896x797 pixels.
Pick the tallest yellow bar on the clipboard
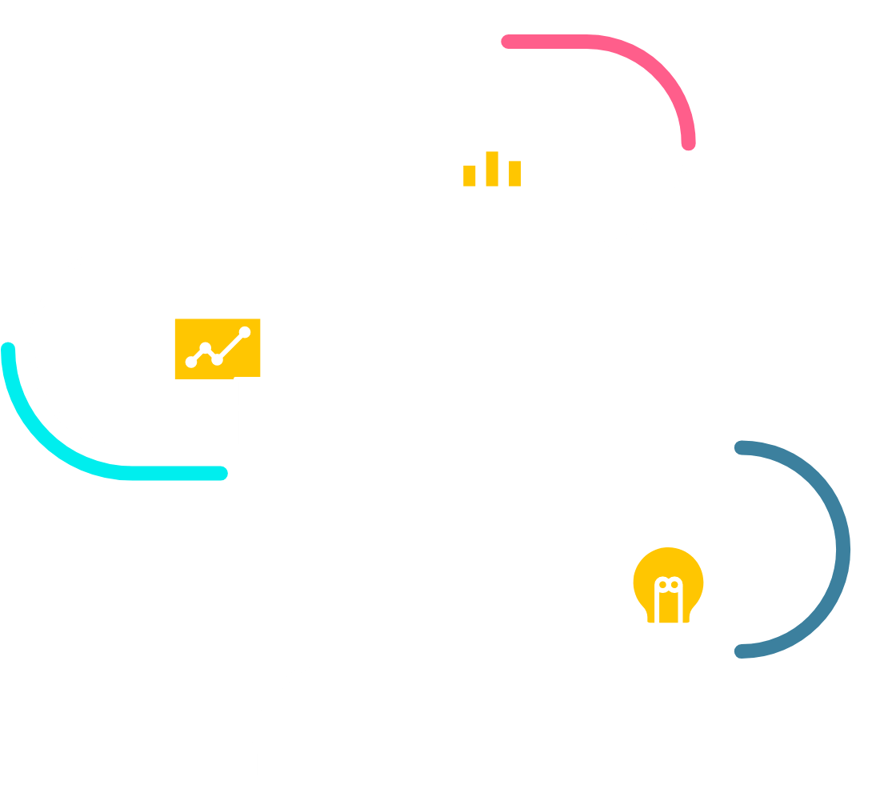coord(492,169)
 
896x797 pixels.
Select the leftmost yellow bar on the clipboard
coord(470,176)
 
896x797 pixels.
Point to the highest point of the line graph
coord(245,331)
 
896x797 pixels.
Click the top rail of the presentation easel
coord(218,312)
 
